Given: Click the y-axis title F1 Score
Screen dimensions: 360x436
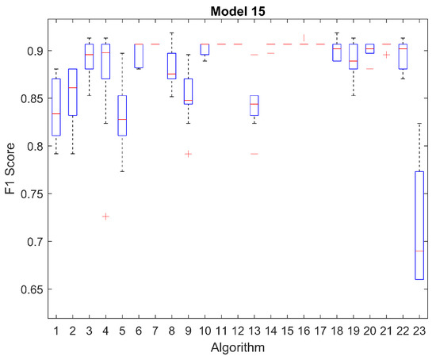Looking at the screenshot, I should pyautogui.click(x=10, y=169).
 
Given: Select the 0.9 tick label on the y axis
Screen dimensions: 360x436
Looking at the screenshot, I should pyautogui.click(x=35, y=51).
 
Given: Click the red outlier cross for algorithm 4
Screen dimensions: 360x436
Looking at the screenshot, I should pyautogui.click(x=105, y=216).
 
